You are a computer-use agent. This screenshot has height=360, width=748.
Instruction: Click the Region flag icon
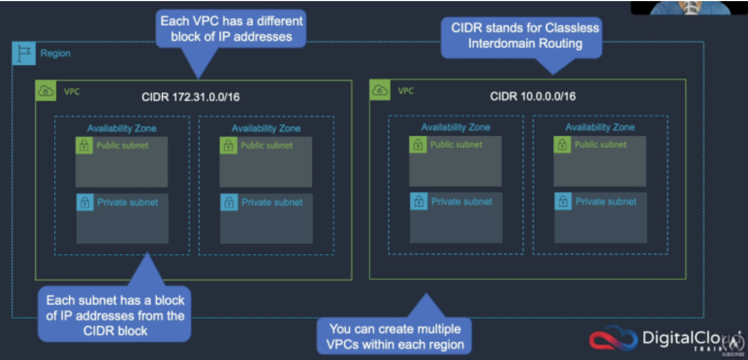click(24, 53)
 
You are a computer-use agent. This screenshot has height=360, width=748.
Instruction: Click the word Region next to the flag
click(56, 54)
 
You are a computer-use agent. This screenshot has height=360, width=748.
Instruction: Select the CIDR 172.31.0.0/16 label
click(191, 97)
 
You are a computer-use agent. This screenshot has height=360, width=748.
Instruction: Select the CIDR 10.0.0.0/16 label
click(532, 97)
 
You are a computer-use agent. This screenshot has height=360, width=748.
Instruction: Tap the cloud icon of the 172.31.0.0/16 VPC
click(46, 90)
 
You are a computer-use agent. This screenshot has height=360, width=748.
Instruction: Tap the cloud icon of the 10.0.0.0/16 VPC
click(380, 90)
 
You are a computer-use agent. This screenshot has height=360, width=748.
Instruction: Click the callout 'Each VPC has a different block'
click(231, 29)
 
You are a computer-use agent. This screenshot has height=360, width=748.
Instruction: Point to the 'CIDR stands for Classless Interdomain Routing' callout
click(522, 37)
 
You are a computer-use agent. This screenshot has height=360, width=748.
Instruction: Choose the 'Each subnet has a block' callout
click(115, 314)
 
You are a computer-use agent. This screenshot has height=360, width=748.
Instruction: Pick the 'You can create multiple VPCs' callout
click(395, 336)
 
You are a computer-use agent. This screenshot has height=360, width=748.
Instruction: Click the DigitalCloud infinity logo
click(613, 338)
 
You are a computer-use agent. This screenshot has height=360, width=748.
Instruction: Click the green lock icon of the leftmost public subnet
click(84, 145)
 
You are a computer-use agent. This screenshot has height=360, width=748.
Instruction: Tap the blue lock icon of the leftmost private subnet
click(85, 202)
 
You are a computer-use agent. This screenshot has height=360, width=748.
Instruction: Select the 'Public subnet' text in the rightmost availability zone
click(600, 145)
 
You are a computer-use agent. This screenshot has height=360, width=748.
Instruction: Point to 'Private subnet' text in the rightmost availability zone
click(606, 202)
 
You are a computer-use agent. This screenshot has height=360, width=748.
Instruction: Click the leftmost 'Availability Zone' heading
click(122, 128)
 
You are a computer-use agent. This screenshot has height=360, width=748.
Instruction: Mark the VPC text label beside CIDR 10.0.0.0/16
click(406, 91)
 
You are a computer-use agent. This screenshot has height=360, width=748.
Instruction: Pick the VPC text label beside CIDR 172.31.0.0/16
click(72, 91)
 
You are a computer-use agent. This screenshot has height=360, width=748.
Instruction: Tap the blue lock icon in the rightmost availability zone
click(563, 202)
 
